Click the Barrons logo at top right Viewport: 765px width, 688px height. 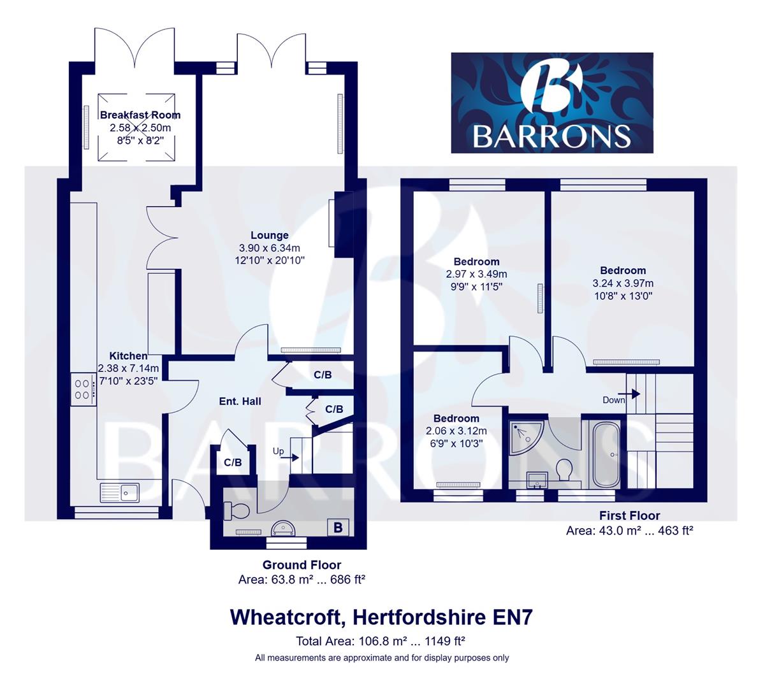tap(552, 103)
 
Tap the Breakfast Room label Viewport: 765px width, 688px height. tap(140, 115)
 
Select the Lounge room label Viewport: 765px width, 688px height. tap(269, 236)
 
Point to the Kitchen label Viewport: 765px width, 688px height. tap(128, 356)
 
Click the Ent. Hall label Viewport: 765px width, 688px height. tap(240, 401)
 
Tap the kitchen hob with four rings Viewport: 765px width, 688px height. tap(84, 389)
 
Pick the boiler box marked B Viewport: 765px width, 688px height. tap(339, 527)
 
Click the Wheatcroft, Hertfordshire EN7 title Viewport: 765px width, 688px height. tap(381, 617)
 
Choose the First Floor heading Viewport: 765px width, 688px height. tap(629, 516)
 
